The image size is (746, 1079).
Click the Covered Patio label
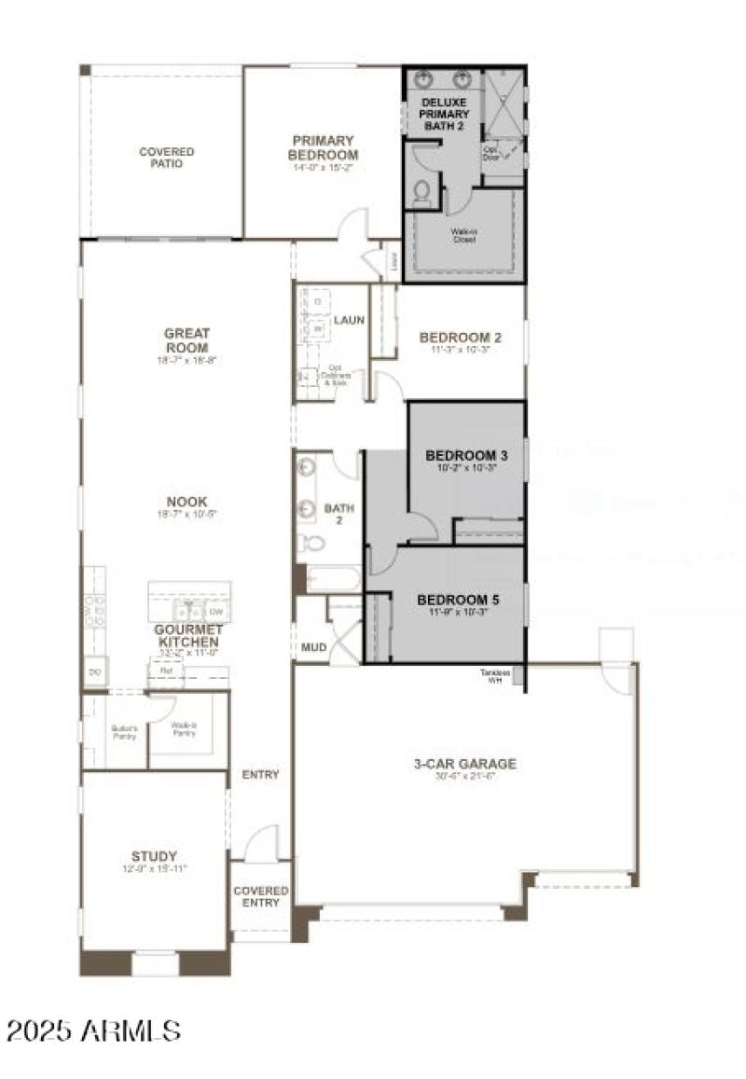167,158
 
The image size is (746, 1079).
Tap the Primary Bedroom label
323,148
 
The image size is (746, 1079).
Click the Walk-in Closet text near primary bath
463,235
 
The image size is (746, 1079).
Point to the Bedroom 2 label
461,338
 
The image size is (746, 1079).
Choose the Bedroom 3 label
466,456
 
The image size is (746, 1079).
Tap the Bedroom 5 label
458,600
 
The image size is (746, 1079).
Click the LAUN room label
350,320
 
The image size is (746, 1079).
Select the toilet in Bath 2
311,542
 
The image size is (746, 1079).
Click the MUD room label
311,647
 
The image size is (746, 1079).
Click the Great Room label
187,333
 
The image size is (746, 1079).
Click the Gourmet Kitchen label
187,636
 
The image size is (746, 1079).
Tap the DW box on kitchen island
215,612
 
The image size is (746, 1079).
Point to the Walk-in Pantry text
183,729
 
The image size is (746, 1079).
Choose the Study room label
154,856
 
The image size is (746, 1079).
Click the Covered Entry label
260,896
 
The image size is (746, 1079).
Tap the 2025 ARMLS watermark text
93,1030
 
